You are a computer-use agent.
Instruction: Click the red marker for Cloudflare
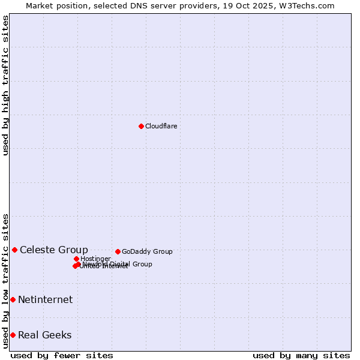point(141,126)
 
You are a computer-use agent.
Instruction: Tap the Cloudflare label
point(161,126)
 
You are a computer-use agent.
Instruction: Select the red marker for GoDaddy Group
point(118,251)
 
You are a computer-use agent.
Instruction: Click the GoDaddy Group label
point(147,251)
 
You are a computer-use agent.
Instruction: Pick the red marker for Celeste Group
point(14,250)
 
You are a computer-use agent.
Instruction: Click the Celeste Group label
point(53,250)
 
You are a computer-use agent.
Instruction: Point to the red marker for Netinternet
point(13,299)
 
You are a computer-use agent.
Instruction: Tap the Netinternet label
point(45,299)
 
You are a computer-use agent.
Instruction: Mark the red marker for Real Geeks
point(13,335)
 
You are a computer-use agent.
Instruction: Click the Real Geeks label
point(44,335)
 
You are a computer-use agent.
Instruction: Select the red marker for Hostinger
point(76,259)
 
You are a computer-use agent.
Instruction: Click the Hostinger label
point(95,259)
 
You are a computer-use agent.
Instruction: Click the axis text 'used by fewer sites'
point(62,355)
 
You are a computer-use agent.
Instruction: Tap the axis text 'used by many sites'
point(301,355)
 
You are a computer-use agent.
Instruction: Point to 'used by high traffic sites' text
point(6,85)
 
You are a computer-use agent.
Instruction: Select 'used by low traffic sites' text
point(6,280)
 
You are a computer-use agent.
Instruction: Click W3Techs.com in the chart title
point(310,5)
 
